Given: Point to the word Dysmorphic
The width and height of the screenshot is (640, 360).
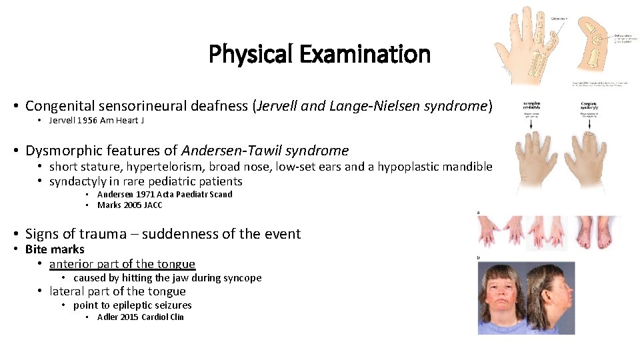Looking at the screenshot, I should click(57, 151).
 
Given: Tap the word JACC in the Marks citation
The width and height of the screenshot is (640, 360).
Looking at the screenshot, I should click(153, 205).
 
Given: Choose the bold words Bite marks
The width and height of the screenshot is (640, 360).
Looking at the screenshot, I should click(55, 249).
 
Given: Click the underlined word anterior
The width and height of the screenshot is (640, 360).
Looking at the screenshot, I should click(72, 264).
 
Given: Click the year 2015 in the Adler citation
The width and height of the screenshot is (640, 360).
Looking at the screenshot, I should click(135, 317).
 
